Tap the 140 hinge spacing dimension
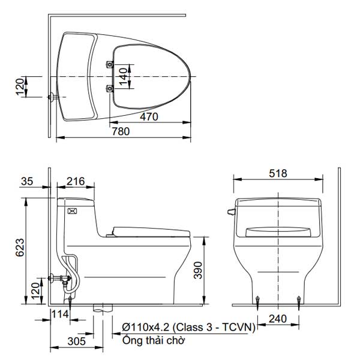122,76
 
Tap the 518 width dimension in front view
278,173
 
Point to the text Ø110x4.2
146,327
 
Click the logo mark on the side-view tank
73,211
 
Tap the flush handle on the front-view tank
230,211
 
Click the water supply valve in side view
61,278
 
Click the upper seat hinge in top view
109,64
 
